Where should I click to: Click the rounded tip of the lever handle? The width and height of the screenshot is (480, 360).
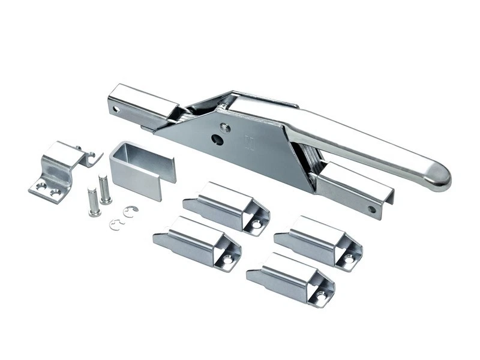tap(441, 178)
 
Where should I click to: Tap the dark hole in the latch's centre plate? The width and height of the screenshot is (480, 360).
tap(218, 140)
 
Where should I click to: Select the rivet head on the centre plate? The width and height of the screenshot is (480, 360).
tap(225, 127)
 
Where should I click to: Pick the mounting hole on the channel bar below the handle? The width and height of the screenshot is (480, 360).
tap(372, 209)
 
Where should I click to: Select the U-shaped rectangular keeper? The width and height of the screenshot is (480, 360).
tap(142, 169)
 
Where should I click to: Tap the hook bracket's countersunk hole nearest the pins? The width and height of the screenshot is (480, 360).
tap(56, 193)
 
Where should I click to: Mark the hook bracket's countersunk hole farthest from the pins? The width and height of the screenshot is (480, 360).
tap(41, 187)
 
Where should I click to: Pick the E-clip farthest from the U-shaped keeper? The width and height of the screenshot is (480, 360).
tap(117, 224)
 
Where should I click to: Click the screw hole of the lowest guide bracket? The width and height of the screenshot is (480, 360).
tap(322, 296)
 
